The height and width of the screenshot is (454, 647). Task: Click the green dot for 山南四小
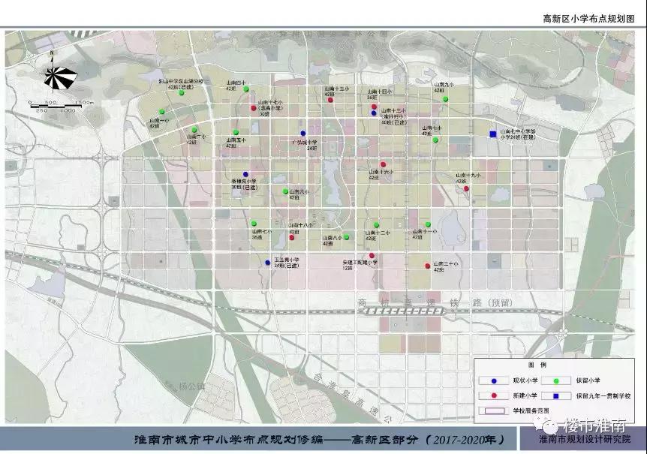(x=245, y=89)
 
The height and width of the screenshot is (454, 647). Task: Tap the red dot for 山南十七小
(x=254, y=108)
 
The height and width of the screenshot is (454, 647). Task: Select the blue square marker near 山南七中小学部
(x=492, y=135)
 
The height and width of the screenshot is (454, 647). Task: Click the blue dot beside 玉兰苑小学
(x=268, y=263)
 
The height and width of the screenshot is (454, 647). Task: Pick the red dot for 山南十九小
(x=467, y=189)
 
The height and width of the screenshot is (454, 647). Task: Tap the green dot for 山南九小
(x=445, y=99)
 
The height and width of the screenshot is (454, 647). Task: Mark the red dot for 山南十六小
(x=383, y=164)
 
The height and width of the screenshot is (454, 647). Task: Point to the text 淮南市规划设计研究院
(x=585, y=440)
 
